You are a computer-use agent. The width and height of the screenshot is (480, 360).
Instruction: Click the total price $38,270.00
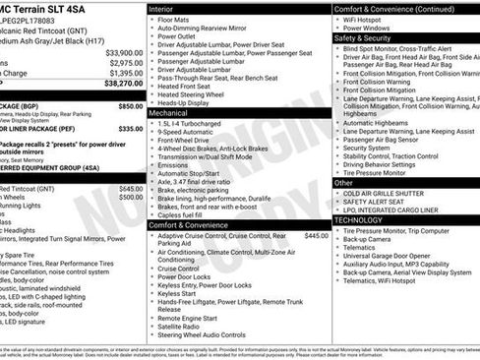pyautogui.click(x=122, y=86)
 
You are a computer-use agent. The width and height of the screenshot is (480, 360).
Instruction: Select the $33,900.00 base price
pyautogui.click(x=124, y=52)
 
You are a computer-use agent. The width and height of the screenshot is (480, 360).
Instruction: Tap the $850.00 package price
pyautogui.click(x=130, y=105)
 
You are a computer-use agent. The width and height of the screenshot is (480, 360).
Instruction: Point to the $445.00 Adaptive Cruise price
pyautogui.click(x=316, y=236)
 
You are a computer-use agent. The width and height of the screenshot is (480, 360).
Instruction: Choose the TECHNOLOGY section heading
pyautogui.click(x=358, y=220)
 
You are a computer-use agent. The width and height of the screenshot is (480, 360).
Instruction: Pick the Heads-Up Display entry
pyautogui.click(x=185, y=102)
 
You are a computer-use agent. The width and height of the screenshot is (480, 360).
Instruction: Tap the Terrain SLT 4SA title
pyautogui.click(x=49, y=7)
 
